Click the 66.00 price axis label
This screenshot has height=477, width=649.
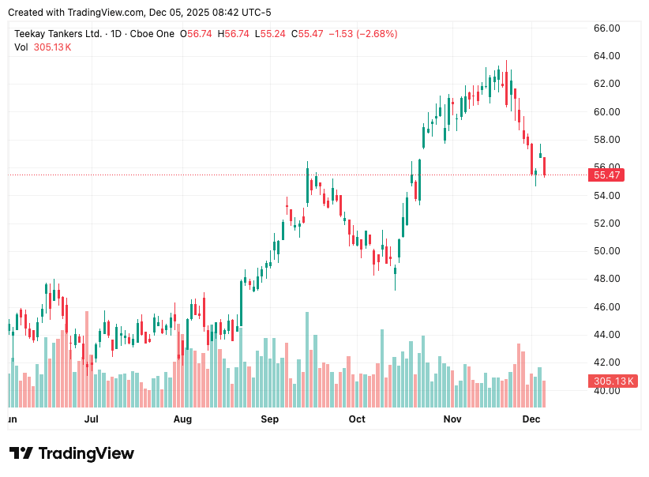(x=606, y=28)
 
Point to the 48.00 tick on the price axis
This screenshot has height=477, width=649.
(x=606, y=279)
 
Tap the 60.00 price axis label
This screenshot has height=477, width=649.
(x=606, y=111)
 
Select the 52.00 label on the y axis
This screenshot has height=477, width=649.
(x=606, y=223)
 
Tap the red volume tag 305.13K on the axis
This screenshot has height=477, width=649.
(x=613, y=381)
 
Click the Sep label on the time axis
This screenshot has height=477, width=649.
(x=270, y=419)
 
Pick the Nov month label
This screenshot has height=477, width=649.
(x=452, y=419)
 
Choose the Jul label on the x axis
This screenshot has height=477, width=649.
(x=92, y=419)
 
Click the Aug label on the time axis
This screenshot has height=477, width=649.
(x=182, y=419)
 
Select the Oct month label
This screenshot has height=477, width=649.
(x=357, y=419)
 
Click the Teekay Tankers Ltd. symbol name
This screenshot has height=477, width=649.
(x=58, y=34)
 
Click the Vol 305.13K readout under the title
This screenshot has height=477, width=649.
(x=43, y=47)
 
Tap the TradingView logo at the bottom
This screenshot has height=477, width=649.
(x=72, y=453)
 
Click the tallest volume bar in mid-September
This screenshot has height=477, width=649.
(x=306, y=359)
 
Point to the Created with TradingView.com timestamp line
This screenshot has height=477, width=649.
(x=139, y=13)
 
